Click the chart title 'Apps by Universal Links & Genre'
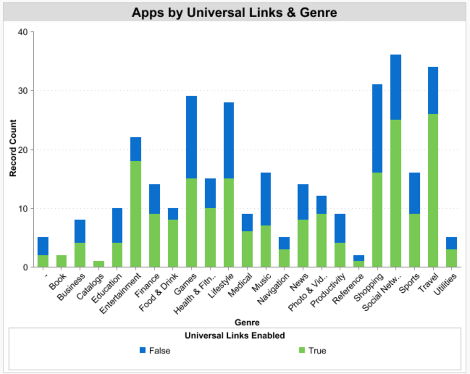click(234, 13)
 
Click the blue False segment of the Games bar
click(191, 137)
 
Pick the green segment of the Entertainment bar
click(136, 214)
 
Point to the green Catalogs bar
click(99, 264)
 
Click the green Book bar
click(62, 261)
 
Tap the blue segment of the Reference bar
click(359, 258)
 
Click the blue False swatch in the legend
click(143, 350)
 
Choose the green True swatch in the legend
click(302, 350)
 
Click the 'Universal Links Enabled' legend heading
click(235, 335)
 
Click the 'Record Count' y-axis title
click(12, 148)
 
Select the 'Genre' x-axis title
click(247, 322)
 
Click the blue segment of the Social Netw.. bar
click(396, 87)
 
